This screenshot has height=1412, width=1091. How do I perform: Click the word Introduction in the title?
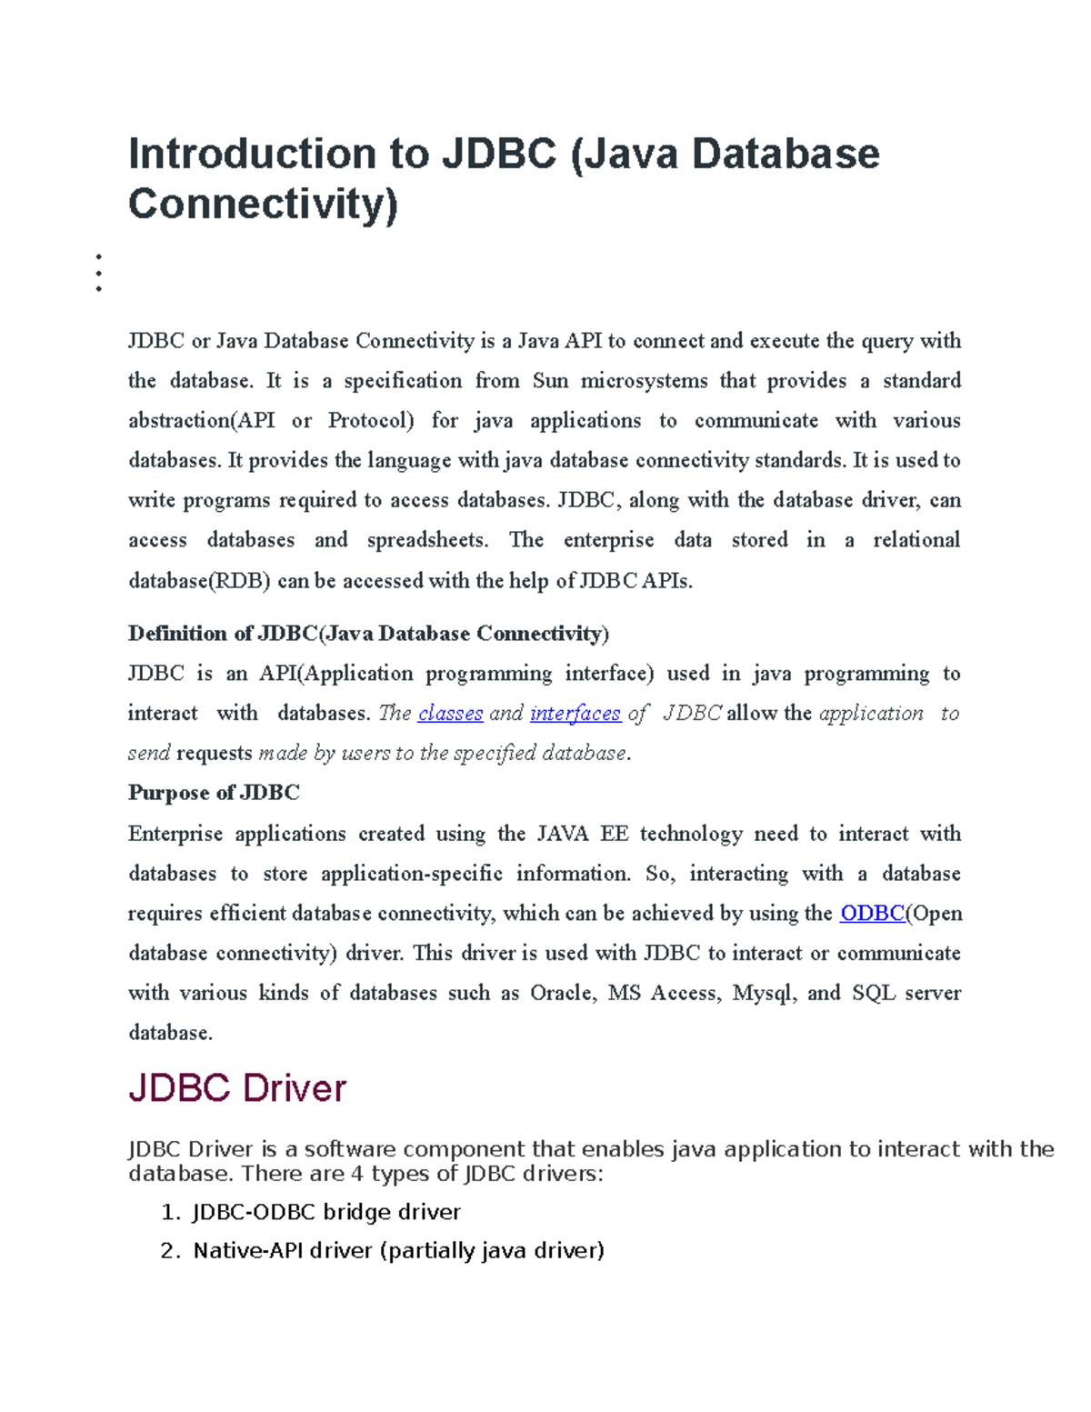tap(252, 154)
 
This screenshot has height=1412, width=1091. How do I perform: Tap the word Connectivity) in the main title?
tap(263, 204)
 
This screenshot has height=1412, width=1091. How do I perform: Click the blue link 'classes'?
tap(450, 714)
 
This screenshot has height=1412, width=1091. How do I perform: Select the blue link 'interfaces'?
tap(575, 714)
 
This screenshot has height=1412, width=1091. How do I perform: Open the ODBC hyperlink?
tap(872, 914)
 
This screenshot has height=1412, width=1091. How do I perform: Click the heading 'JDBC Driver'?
tap(237, 1088)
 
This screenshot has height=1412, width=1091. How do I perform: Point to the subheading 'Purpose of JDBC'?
tap(214, 793)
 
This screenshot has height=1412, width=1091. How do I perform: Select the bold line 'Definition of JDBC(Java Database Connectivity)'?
tap(368, 634)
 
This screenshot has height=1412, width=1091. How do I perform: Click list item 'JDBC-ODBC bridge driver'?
tap(326, 1212)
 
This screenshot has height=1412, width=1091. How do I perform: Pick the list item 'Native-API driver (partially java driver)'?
tap(398, 1251)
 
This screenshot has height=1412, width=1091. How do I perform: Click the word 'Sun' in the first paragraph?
tap(550, 381)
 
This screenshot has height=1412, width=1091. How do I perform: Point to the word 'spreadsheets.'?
tap(427, 540)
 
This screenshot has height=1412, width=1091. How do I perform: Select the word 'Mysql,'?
tap(765, 993)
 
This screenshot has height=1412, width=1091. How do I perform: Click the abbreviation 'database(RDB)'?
tap(199, 581)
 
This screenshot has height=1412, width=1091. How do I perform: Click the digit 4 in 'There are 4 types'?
tap(357, 1174)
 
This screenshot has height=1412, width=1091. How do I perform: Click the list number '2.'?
tap(170, 1251)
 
